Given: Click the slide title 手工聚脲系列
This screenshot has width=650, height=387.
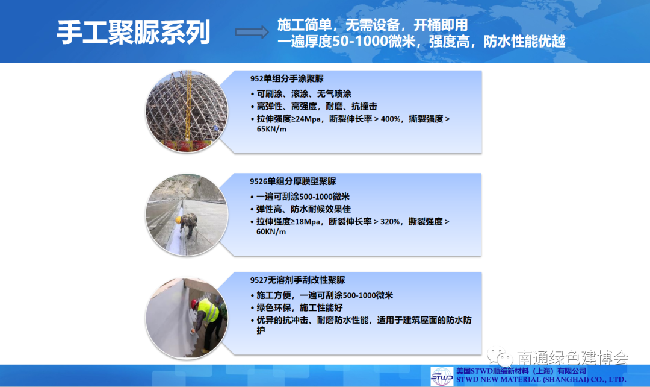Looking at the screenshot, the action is [x=134, y=33].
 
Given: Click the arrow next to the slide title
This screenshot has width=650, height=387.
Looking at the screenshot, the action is [x=252, y=32].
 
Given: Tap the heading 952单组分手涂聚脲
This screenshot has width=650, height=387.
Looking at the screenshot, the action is [x=287, y=78].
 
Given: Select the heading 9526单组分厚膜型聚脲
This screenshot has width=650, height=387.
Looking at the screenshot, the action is [x=292, y=181].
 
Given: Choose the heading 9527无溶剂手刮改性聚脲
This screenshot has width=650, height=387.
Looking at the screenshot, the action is [x=298, y=280].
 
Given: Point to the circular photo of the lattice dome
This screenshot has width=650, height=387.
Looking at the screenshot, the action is [x=187, y=111].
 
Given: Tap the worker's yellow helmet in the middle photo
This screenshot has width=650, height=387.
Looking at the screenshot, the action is [x=178, y=220].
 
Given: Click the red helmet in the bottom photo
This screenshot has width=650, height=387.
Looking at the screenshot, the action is [x=194, y=304].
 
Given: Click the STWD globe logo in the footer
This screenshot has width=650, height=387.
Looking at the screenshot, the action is [x=442, y=376].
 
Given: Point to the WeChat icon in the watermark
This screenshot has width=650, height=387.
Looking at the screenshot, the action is [x=500, y=357].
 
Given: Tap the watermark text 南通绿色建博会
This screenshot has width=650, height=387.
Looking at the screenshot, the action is [x=572, y=357].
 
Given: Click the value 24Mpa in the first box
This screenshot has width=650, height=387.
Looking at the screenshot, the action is [x=307, y=119].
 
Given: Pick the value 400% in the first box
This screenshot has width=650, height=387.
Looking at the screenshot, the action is [x=390, y=119].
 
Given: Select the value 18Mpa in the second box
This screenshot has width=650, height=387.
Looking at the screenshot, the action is [x=306, y=222].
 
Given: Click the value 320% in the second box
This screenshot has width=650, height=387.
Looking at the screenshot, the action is [x=389, y=222].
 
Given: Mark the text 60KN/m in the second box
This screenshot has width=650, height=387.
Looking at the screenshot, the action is [x=271, y=231].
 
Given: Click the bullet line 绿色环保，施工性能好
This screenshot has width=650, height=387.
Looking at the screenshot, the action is [x=300, y=307].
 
